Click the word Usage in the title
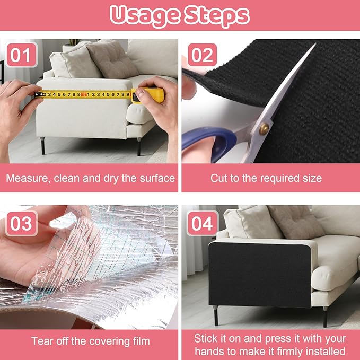tap(144, 16)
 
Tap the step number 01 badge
tap(22, 55)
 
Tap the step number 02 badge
tap(203, 55)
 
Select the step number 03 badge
tap(22, 223)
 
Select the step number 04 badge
tap(203, 223)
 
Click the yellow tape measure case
tap(150, 95)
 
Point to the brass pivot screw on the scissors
tap(264, 128)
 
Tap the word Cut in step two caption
tap(219, 178)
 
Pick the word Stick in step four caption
tap(206, 338)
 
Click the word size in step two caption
tap(311, 178)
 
